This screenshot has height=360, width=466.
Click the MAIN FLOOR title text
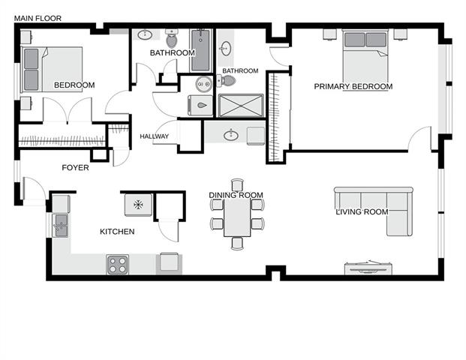point(38,19)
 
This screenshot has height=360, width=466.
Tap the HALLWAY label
point(155,136)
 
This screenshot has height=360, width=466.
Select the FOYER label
point(75,167)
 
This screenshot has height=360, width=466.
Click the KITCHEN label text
point(117,232)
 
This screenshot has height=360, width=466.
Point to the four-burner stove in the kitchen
point(118,264)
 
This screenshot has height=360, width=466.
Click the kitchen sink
point(61,226)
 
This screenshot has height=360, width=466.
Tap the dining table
point(237,217)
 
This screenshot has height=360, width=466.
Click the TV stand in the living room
point(368,268)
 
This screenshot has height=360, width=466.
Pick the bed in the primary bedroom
point(365,56)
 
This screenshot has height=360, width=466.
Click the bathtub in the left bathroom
point(200,50)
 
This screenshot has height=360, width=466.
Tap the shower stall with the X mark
point(241,106)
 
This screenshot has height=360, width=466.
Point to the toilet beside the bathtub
point(172,38)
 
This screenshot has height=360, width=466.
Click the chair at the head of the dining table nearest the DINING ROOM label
point(237,184)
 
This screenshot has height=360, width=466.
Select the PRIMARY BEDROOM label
point(353,86)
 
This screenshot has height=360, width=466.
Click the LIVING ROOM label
point(362,211)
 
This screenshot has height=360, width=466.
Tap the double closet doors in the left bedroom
point(68,110)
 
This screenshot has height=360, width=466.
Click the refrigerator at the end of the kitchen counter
point(169,263)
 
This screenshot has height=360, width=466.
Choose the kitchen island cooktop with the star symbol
point(139,205)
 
